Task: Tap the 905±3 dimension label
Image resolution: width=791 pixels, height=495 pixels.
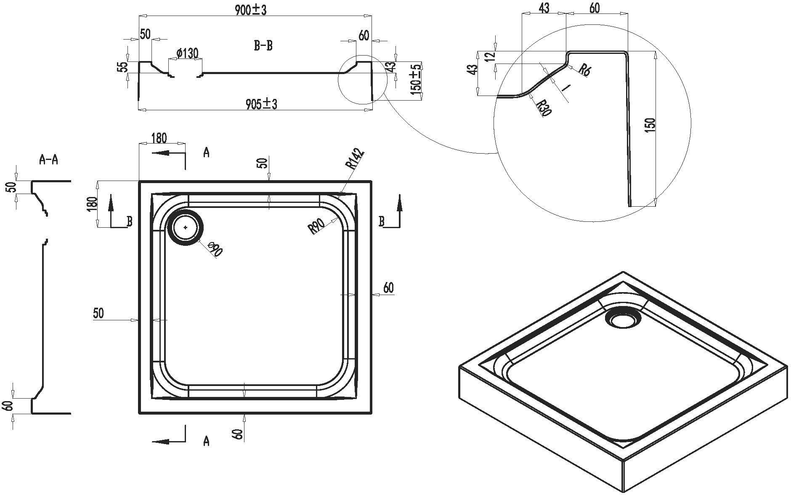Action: (261, 104)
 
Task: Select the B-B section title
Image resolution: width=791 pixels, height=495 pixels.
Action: (263, 46)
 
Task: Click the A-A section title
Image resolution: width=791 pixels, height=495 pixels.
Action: (48, 160)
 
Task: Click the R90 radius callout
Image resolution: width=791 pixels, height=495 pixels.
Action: (316, 226)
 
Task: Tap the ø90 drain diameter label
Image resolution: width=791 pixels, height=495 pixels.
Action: (215, 249)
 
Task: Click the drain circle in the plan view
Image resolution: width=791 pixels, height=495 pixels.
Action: (186, 227)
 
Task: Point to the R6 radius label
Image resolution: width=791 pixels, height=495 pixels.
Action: (584, 69)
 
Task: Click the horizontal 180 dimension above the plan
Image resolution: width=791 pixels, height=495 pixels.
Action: (159, 138)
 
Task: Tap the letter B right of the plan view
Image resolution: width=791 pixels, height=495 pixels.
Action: (382, 221)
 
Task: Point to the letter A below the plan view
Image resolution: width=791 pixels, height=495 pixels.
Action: (206, 441)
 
